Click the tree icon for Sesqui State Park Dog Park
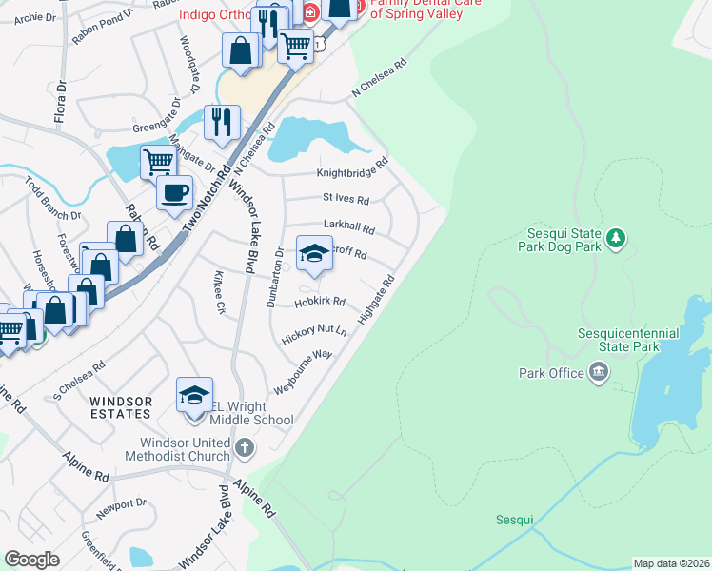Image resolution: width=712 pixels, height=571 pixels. pos(617,236)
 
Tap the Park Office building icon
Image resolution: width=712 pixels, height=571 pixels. pos(599,372)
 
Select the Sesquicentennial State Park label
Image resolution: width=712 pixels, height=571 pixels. pos(627,340)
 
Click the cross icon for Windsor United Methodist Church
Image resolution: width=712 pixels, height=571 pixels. pos(245,446)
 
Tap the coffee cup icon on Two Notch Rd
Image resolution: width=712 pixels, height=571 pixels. pos(174,193)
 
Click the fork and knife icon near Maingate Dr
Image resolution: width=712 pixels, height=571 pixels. pos(222,122)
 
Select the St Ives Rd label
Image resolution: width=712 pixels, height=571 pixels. pos(346,199)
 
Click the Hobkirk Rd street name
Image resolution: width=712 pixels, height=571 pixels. pos(319,302)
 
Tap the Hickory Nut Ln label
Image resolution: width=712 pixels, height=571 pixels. pos(312,333)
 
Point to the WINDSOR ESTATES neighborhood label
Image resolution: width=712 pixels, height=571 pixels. pos(121,407)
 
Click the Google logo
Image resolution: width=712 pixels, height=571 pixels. pos(31,559)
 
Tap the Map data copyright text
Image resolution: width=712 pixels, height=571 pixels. pos(670,563)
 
